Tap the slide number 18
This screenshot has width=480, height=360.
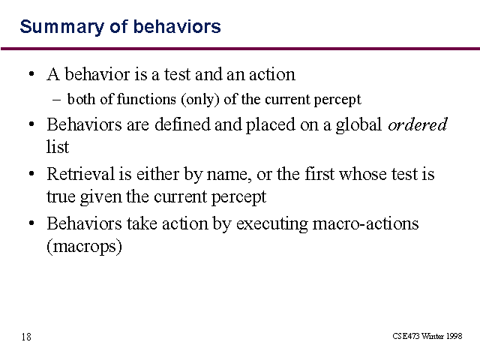pyautogui.click(x=26, y=337)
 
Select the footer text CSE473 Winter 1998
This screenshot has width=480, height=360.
pyautogui.click(x=427, y=336)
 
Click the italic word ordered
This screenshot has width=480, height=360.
pyautogui.click(x=418, y=124)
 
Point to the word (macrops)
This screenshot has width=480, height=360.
pyautogui.click(x=84, y=246)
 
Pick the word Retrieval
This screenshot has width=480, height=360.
pyautogui.click(x=80, y=174)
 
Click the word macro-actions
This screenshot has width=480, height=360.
pyautogui.click(x=365, y=223)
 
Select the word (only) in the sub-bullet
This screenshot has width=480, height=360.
pyautogui.click(x=200, y=100)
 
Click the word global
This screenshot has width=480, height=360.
pyautogui.click(x=358, y=125)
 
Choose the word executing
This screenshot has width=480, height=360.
pyautogui.click(x=271, y=224)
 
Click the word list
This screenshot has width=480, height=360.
pyautogui.click(x=58, y=146)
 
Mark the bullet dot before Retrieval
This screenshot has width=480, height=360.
pyautogui.click(x=31, y=174)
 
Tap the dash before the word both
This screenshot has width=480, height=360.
pyautogui.click(x=57, y=100)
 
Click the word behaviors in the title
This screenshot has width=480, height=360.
pyautogui.click(x=177, y=27)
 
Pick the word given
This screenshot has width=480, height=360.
pyautogui.click(x=100, y=197)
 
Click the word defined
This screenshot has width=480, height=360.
pyautogui.click(x=182, y=124)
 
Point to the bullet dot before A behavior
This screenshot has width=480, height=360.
pyautogui.click(x=31, y=74)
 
